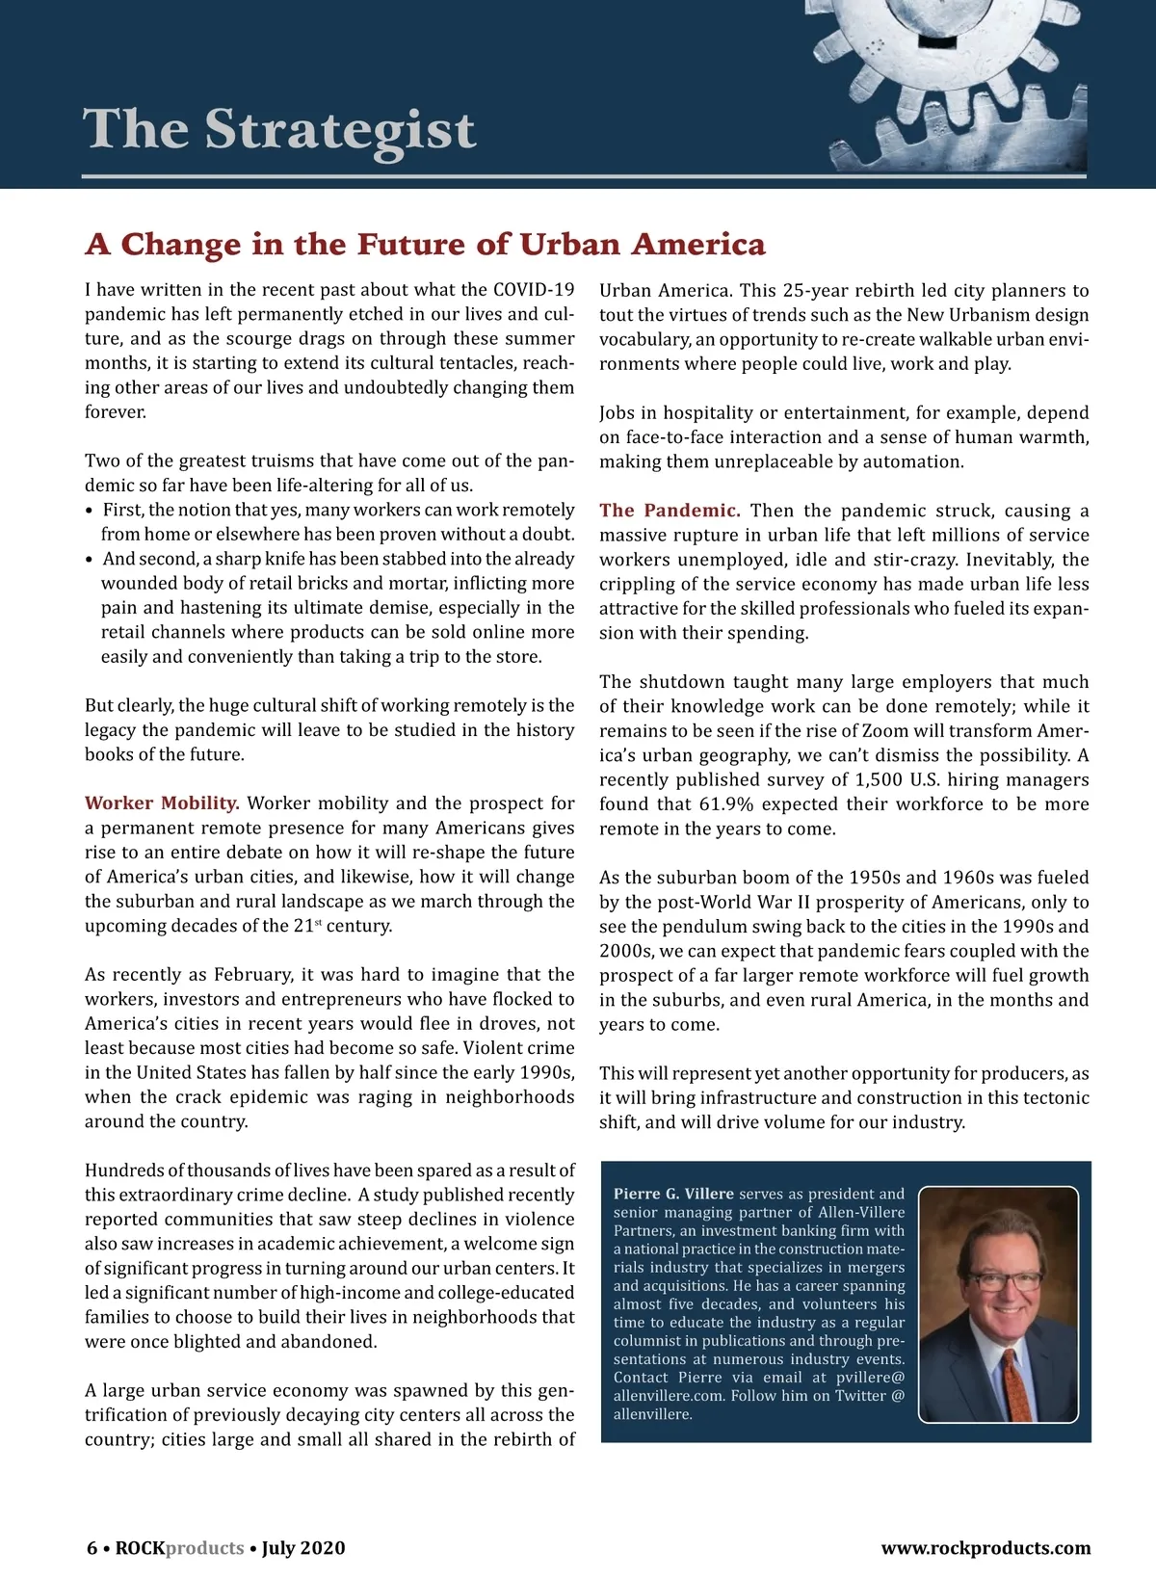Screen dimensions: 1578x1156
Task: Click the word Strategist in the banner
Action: click(x=340, y=130)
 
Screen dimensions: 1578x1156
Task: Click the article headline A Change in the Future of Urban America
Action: click(x=425, y=244)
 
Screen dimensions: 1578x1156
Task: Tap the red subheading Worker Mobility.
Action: click(x=162, y=803)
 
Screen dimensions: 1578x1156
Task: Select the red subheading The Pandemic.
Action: click(x=670, y=511)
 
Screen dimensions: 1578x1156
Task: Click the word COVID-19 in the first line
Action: click(x=534, y=290)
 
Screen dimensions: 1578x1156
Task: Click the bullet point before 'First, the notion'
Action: click(x=90, y=511)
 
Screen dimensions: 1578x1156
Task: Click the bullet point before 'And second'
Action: click(x=90, y=560)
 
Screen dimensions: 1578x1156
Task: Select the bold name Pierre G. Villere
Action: click(x=673, y=1194)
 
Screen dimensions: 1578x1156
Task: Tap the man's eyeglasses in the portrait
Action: click(x=1003, y=1281)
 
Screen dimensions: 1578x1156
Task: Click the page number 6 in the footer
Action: click(x=92, y=1548)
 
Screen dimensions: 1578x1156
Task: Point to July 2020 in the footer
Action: click(x=302, y=1548)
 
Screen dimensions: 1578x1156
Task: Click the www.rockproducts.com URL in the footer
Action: click(x=985, y=1548)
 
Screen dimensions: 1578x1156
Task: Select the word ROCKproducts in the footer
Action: click(x=179, y=1548)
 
